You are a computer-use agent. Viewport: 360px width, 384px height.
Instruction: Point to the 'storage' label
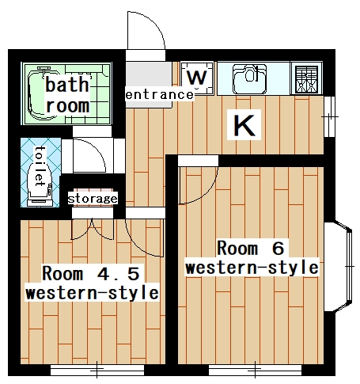tap(93, 198)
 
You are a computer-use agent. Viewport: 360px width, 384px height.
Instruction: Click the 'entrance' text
tap(160, 95)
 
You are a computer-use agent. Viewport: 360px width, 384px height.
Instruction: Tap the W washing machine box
tap(199, 78)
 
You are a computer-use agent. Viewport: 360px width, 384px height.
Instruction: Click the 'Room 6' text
tap(250, 245)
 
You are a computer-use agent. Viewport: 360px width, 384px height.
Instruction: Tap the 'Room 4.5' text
tap(91, 274)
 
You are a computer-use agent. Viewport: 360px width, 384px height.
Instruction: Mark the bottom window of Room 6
tap(256, 369)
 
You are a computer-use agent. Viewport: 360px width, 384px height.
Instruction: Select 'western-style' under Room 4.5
tap(91, 294)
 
